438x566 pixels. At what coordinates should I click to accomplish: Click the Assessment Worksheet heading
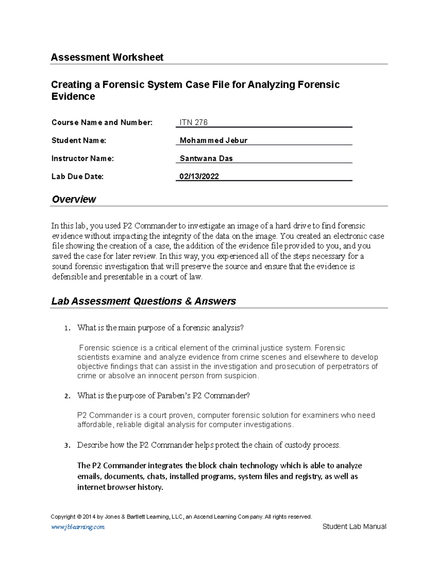107,57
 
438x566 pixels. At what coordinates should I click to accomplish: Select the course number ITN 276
193,122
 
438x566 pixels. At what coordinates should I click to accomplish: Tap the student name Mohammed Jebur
214,140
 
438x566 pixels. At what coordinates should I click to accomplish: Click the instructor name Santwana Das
206,159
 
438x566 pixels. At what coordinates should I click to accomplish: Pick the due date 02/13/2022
199,176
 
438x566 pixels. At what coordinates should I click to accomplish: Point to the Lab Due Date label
77,176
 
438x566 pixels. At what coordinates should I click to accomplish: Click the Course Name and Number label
102,122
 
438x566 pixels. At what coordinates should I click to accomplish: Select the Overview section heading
74,199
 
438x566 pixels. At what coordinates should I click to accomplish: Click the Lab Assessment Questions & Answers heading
143,301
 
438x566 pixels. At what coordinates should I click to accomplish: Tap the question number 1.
66,328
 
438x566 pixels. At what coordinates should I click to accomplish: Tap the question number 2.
66,396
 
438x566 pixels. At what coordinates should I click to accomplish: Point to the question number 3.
66,445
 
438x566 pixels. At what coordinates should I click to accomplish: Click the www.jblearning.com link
78,527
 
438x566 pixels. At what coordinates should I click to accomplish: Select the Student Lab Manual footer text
354,526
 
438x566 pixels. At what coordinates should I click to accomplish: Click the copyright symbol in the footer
79,517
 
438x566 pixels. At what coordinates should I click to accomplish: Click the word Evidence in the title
73,97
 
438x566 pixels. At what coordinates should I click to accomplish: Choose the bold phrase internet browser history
120,487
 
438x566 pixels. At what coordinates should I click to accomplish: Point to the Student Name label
79,140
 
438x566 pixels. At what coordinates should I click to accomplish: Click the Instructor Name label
82,159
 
